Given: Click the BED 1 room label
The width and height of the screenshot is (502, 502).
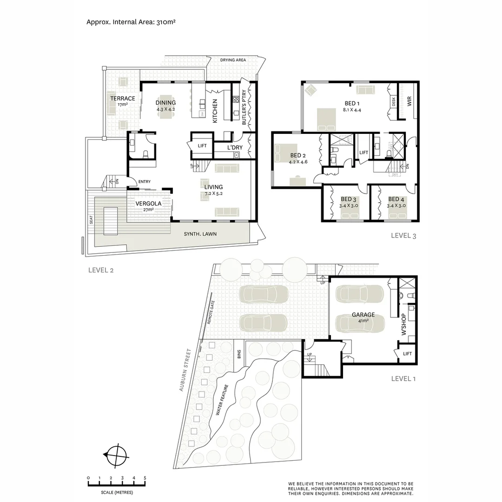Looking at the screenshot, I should [x=352, y=103].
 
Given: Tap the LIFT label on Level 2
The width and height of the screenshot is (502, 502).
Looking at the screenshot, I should [x=202, y=145].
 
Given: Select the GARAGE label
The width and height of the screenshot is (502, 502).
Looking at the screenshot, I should [x=363, y=315].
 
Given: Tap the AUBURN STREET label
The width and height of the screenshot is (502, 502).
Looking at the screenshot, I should [x=186, y=370].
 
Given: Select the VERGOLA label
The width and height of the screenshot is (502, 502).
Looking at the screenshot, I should [x=148, y=204].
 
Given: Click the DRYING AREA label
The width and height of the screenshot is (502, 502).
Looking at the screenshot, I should [x=233, y=60].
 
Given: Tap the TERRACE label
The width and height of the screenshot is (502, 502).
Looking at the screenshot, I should [x=122, y=99].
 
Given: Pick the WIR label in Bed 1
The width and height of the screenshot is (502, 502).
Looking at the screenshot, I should [x=410, y=101].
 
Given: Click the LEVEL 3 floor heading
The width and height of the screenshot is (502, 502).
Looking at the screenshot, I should [x=403, y=236].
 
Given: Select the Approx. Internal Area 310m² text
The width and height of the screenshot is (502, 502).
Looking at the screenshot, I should [x=131, y=21].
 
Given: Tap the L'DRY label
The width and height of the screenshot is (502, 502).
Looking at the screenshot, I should [x=234, y=147].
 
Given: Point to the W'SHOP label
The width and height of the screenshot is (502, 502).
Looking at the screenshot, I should [x=403, y=324].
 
